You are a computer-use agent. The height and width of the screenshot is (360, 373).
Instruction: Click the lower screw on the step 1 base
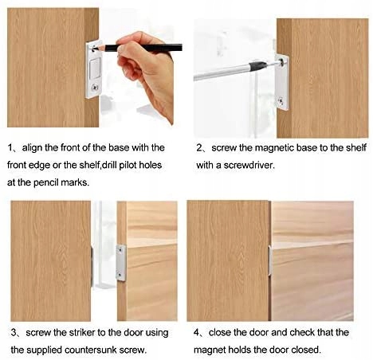tap(95, 87)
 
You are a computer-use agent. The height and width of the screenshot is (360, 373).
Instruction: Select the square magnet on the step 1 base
tap(95, 69)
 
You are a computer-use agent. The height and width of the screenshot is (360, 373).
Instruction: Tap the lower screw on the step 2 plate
tap(281, 100)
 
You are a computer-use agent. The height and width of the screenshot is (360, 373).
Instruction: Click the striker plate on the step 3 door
tap(121, 263)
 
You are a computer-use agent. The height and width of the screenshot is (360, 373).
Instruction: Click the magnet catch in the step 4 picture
tap(270, 260)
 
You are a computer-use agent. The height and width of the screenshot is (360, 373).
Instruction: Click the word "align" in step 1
tap(33, 147)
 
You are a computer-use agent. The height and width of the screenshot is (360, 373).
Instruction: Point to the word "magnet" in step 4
tap(210, 350)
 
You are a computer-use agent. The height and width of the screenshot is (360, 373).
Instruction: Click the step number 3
tap(14, 333)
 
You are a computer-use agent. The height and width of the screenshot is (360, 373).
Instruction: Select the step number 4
tap(197, 333)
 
